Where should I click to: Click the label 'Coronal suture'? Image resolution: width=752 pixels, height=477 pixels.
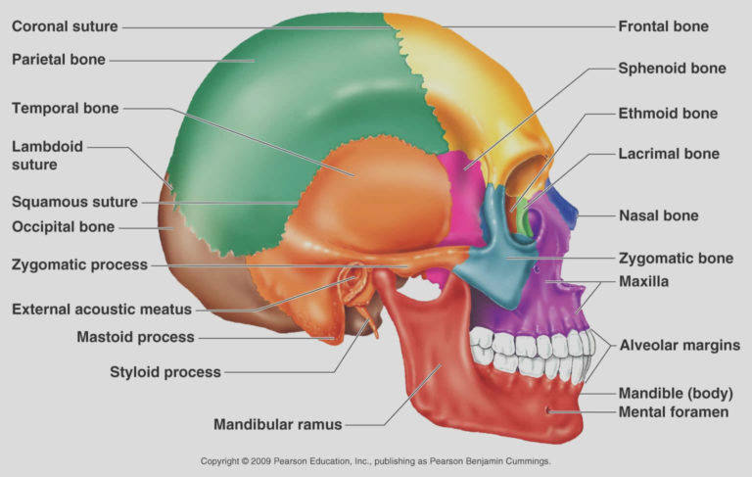(x=65, y=26)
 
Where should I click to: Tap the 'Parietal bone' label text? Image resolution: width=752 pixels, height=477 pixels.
(x=58, y=60)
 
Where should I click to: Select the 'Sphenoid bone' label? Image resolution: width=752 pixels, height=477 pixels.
(x=672, y=69)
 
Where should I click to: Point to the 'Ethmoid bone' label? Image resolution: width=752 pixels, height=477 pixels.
(x=668, y=114)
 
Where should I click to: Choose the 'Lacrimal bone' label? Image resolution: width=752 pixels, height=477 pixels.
(x=669, y=154)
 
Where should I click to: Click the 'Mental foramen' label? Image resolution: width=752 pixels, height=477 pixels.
(x=674, y=412)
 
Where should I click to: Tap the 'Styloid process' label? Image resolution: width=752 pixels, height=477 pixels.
(x=165, y=372)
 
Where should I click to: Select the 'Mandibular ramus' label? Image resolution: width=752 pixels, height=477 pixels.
(x=278, y=425)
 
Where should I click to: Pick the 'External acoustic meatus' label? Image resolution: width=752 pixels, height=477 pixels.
(x=102, y=310)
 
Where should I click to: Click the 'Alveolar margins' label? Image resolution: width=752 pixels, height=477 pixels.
(x=680, y=345)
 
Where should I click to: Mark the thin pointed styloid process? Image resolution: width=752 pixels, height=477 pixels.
(x=370, y=321)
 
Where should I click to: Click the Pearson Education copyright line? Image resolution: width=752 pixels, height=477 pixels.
(x=376, y=460)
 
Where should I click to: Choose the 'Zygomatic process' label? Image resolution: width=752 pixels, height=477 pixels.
(x=79, y=264)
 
